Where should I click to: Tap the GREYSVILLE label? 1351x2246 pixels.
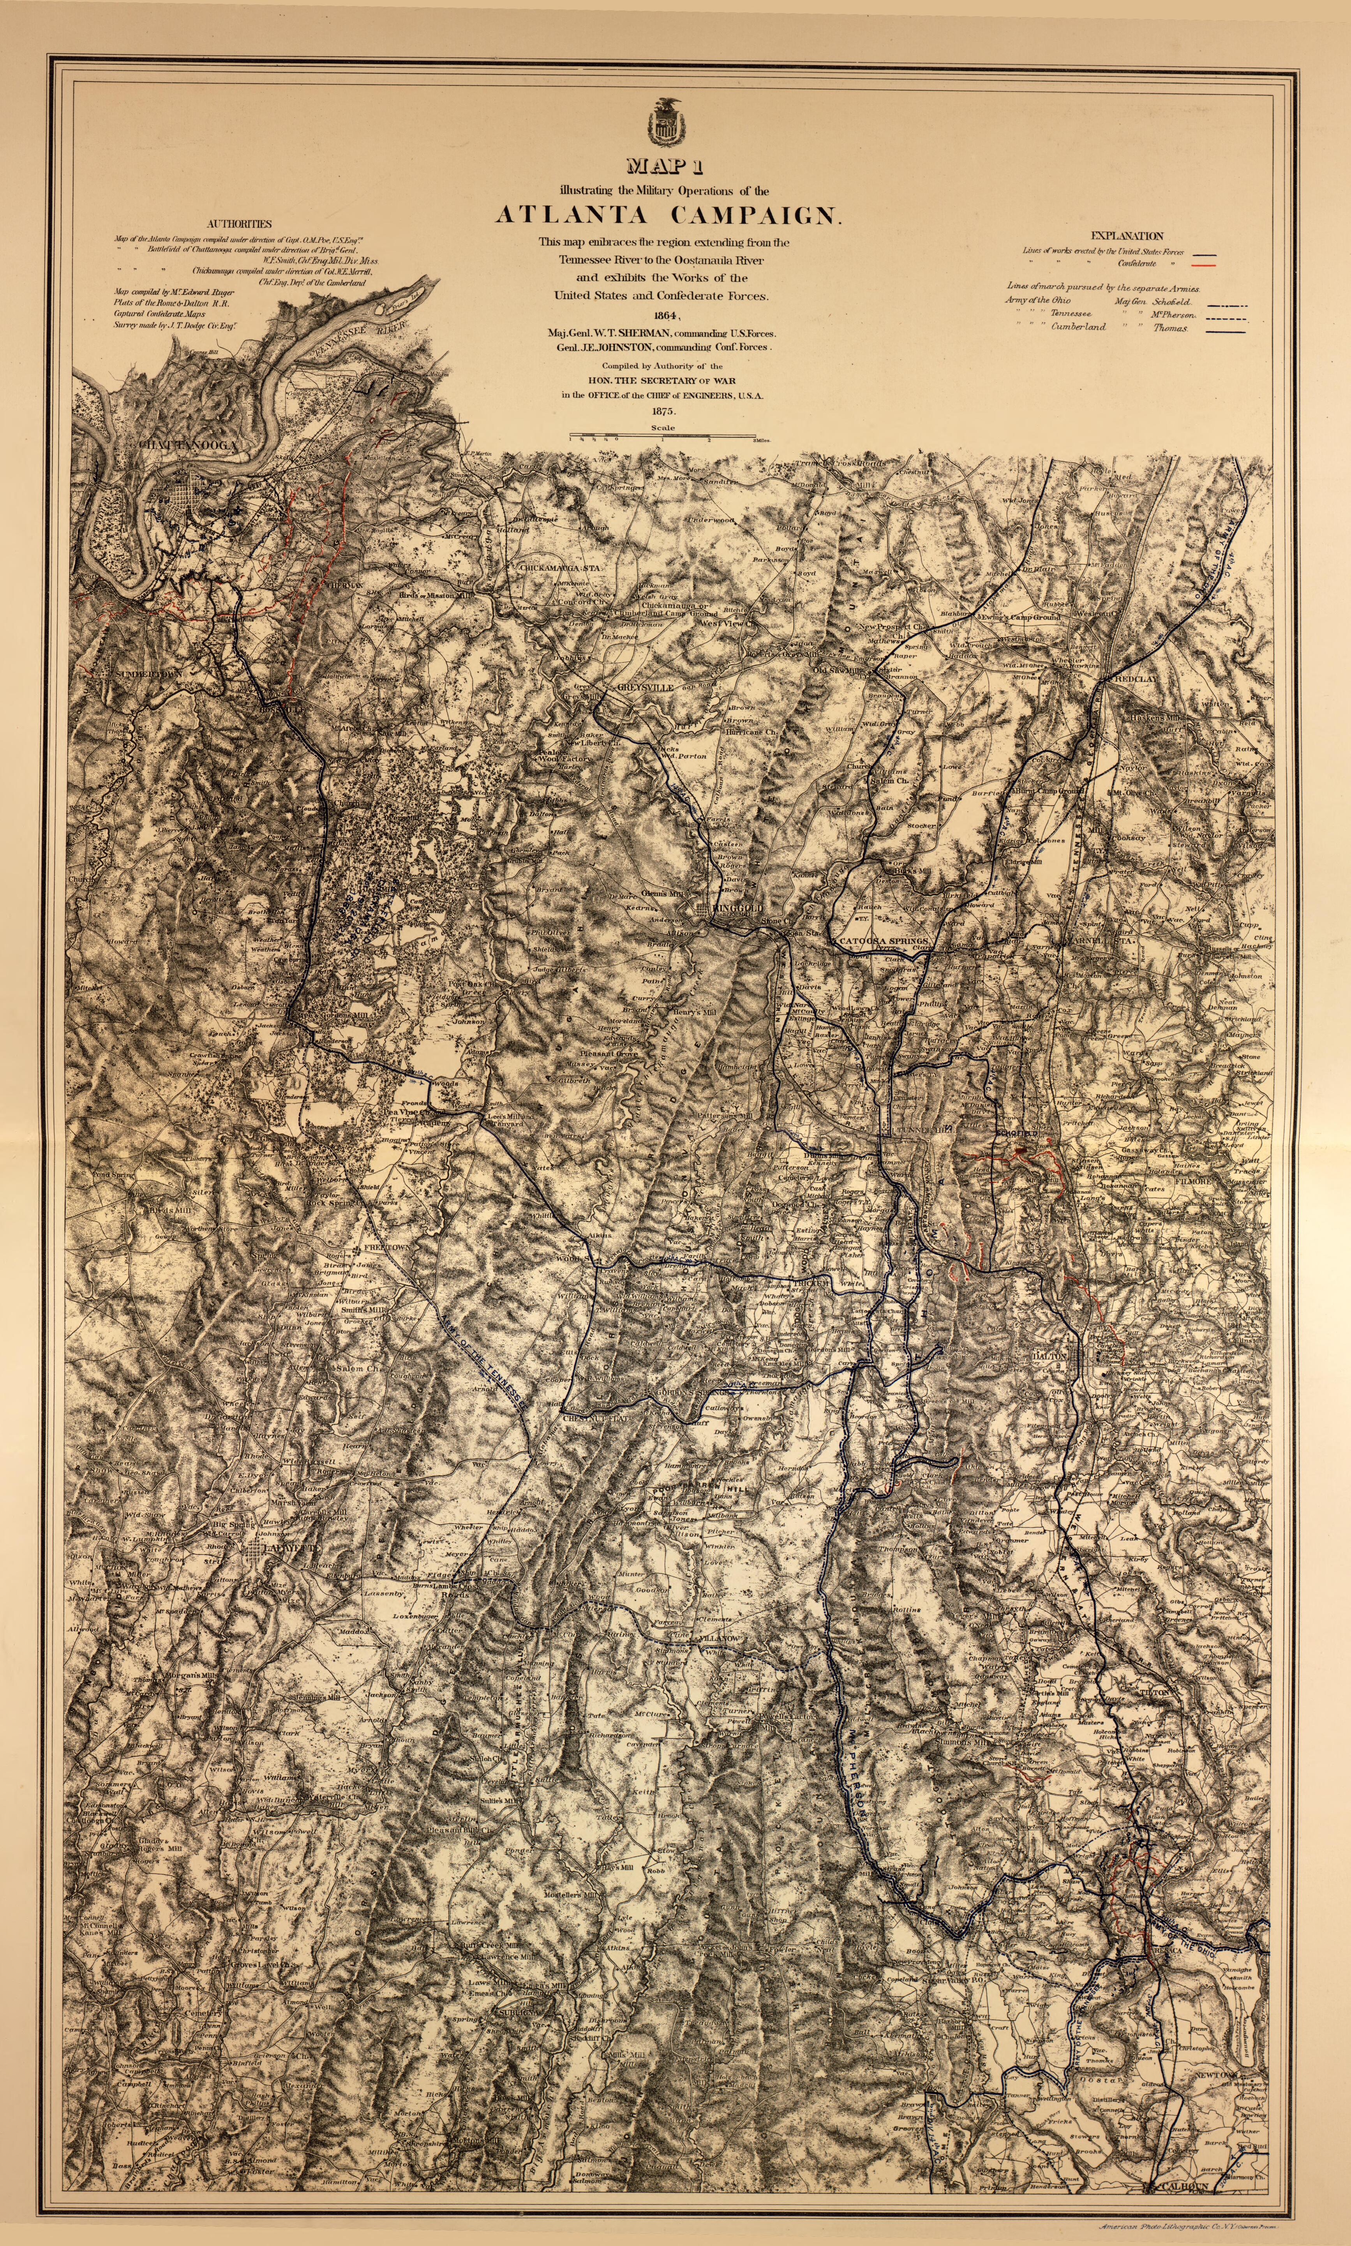pos(645,688)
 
